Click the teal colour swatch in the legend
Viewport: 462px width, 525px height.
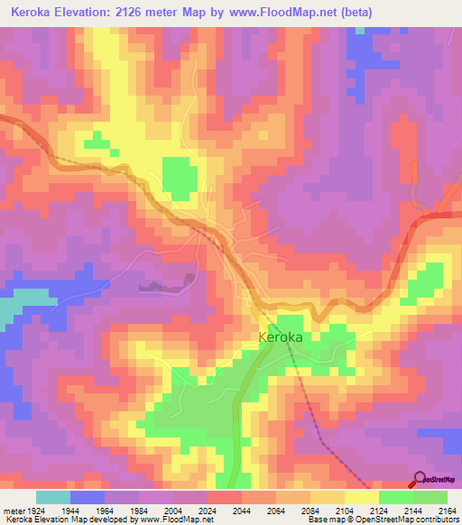coord(53,497)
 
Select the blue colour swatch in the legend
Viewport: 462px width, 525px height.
coord(88,497)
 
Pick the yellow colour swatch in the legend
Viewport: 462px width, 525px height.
coord(361,497)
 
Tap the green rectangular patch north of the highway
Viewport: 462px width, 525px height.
coord(178,177)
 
